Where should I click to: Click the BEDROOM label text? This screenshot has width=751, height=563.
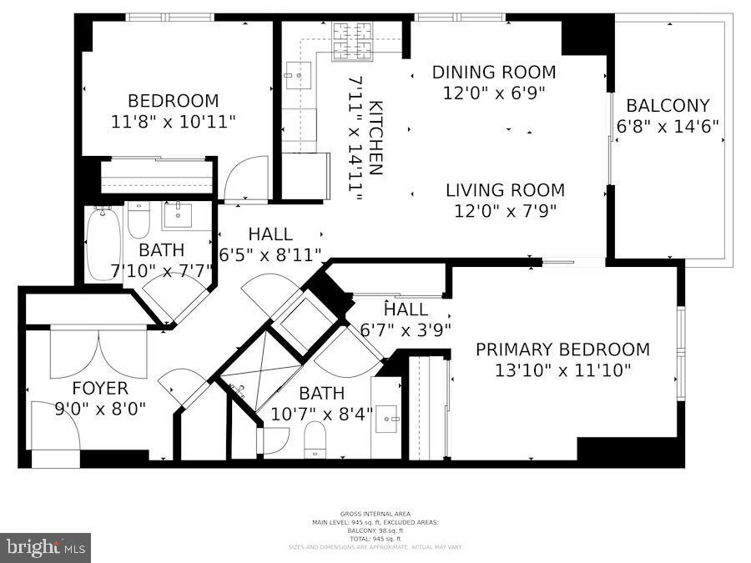pyautogui.click(x=173, y=101)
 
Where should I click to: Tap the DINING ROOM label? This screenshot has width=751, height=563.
pyautogui.click(x=493, y=73)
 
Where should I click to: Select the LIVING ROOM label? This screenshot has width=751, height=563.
pyautogui.click(x=504, y=190)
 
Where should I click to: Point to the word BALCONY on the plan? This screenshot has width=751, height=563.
pyautogui.click(x=668, y=106)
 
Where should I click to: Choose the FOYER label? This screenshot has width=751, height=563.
pyautogui.click(x=100, y=389)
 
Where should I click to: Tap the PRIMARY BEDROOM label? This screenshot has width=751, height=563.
pyautogui.click(x=562, y=349)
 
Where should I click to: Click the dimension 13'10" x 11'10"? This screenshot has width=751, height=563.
pyautogui.click(x=562, y=370)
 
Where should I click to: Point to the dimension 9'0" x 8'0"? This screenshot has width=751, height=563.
pyautogui.click(x=100, y=409)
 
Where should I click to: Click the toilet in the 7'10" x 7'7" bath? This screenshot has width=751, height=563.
pyautogui.click(x=139, y=220)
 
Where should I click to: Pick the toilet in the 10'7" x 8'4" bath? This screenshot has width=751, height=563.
pyautogui.click(x=315, y=440)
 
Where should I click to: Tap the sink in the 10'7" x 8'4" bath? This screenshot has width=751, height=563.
pyautogui.click(x=386, y=419)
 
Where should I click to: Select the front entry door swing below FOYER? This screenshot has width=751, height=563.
pyautogui.click(x=54, y=427)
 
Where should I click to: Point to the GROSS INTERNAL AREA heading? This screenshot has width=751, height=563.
pyautogui.click(x=375, y=514)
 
